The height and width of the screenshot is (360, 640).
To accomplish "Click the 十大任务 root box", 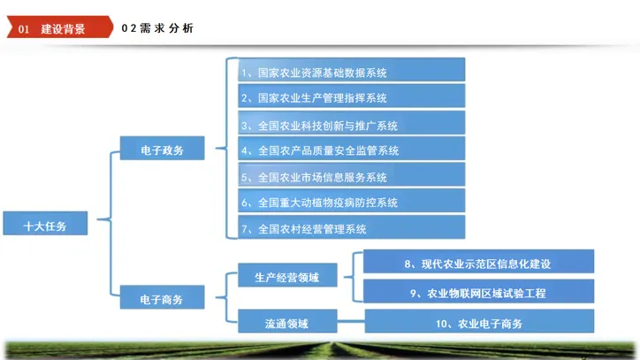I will pos(45,225).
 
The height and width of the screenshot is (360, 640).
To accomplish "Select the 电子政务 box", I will pos(162,150).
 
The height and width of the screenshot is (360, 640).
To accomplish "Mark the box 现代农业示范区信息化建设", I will pos(477,263).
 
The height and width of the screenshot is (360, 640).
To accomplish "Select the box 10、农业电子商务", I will pos(477,323).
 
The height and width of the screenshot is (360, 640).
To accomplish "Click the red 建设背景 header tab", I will pos(62,28).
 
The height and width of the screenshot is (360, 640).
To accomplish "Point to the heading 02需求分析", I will pos(157,28).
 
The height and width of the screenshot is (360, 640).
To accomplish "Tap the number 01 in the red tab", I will pos(24,29).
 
